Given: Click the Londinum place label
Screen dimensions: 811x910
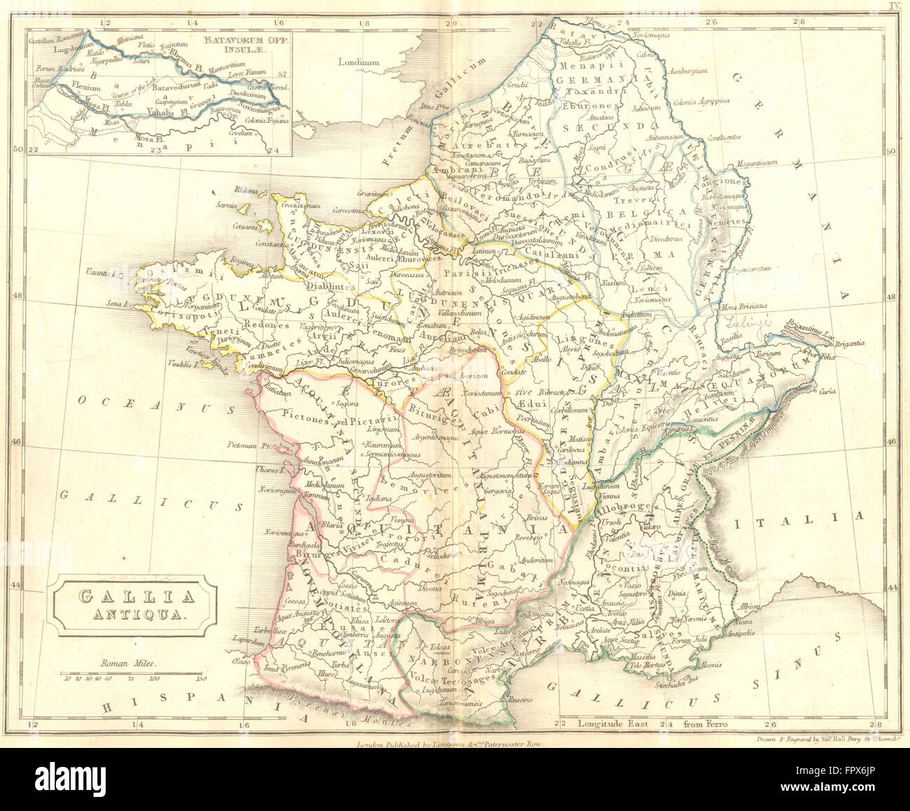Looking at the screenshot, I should pyautogui.click(x=358, y=62).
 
